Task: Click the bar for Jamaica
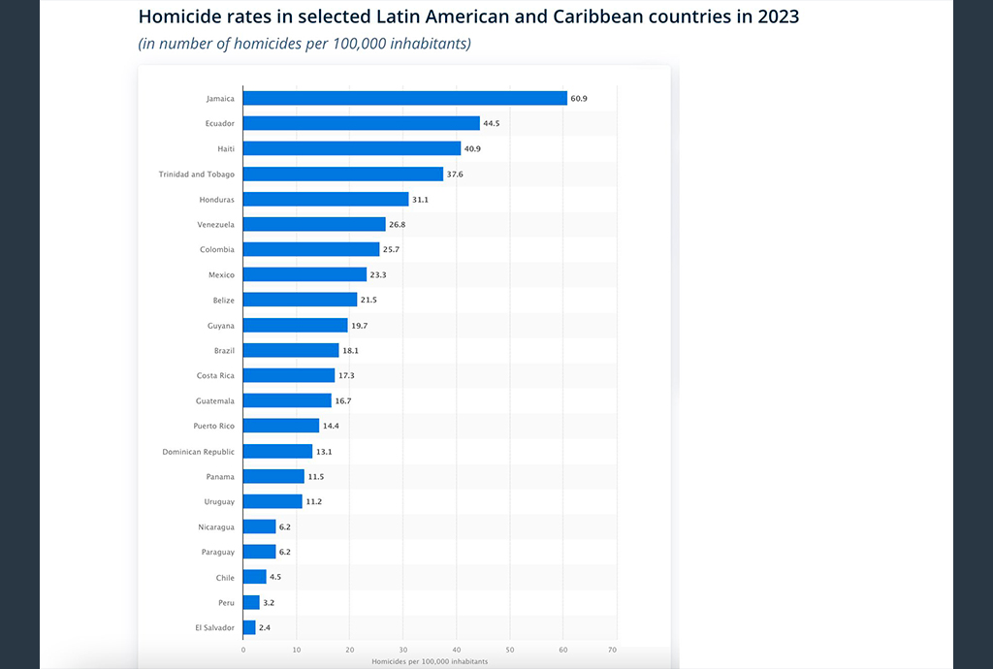pyautogui.click(x=404, y=98)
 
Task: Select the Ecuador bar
pyautogui.click(x=361, y=123)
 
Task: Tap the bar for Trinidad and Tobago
pyautogui.click(x=342, y=174)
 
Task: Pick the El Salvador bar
pyautogui.click(x=249, y=627)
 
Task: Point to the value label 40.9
pyautogui.click(x=473, y=148)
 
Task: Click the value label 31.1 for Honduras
pyautogui.click(x=421, y=199)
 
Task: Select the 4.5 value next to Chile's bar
pyautogui.click(x=275, y=577)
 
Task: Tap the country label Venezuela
pyautogui.click(x=216, y=224)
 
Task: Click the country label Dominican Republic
pyautogui.click(x=198, y=451)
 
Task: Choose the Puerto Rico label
pyautogui.click(x=213, y=426)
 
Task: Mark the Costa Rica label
pyautogui.click(x=215, y=375)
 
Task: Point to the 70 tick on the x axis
pyautogui.click(x=612, y=650)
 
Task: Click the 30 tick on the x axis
pyautogui.click(x=402, y=650)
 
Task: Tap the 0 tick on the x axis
pyautogui.click(x=243, y=650)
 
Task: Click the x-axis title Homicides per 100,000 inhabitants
pyautogui.click(x=430, y=660)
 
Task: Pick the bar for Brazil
pyautogui.click(x=291, y=350)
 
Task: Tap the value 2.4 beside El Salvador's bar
pyautogui.click(x=265, y=627)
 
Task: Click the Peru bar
pyautogui.click(x=251, y=602)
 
